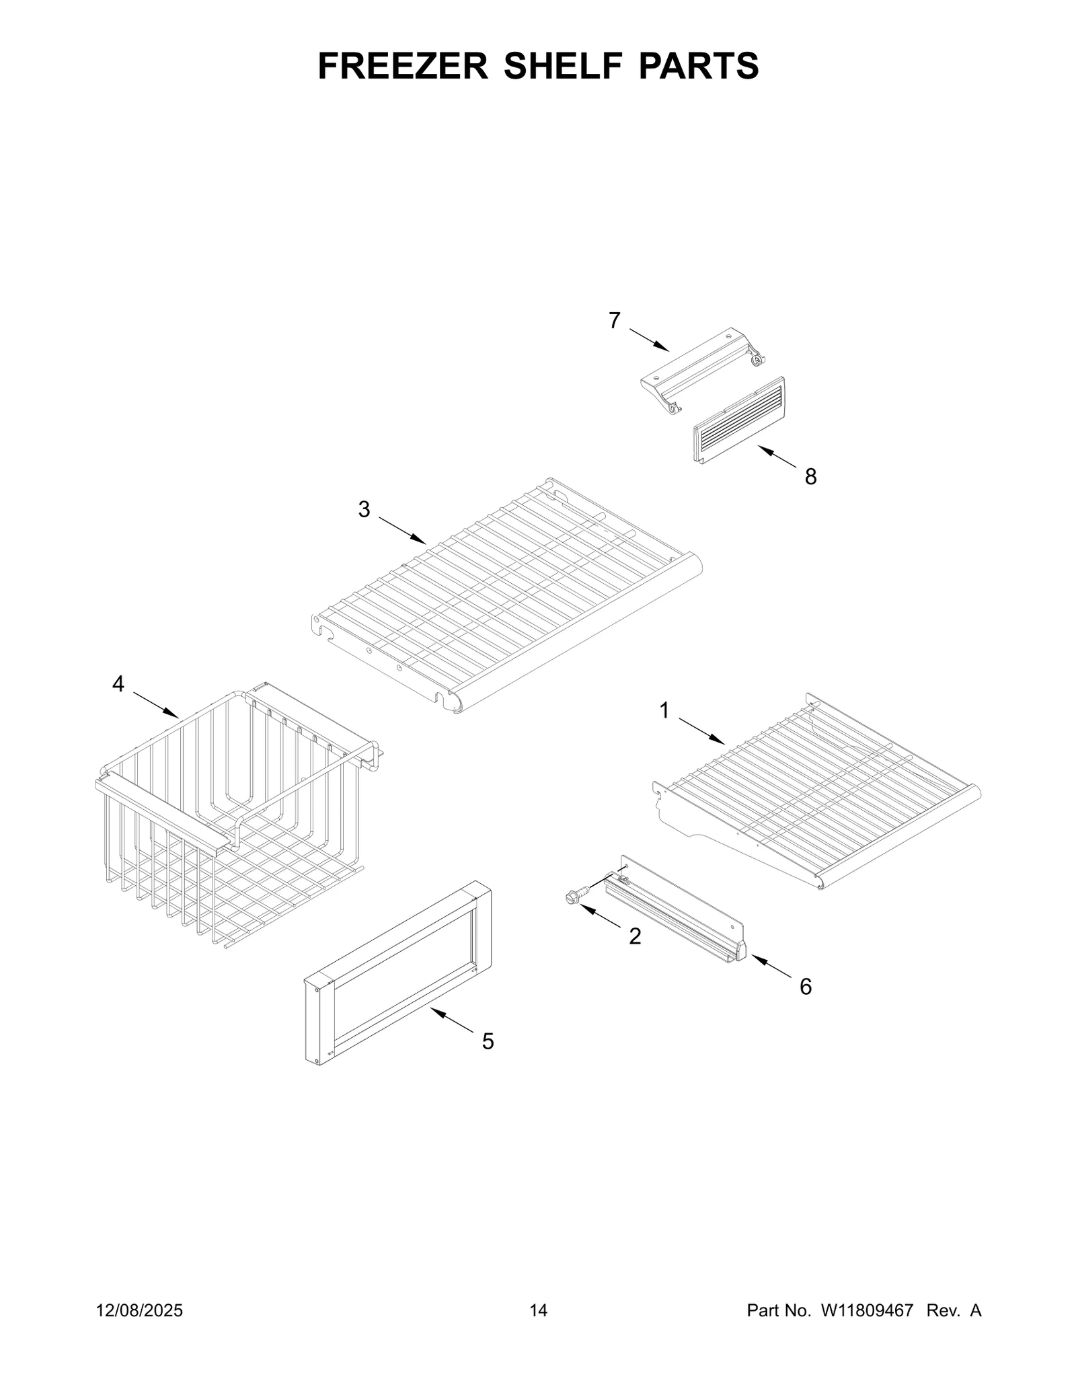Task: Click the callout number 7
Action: [x=614, y=321]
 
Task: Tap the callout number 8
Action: [x=811, y=477]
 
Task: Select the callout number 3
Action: [x=364, y=510]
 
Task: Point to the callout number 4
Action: [x=118, y=685]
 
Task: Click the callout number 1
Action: [x=664, y=710]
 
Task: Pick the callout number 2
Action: [x=635, y=936]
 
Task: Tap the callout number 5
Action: [x=488, y=1042]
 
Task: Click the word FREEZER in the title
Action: [x=403, y=66]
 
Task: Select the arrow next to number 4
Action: [x=155, y=704]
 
